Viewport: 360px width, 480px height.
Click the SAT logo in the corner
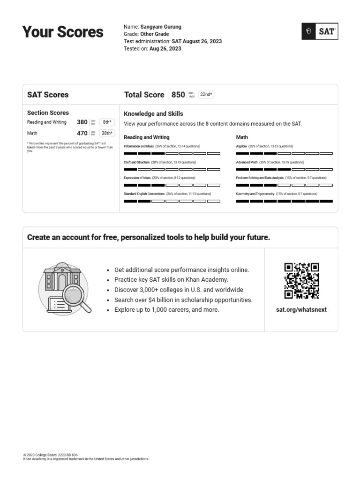coord(320,31)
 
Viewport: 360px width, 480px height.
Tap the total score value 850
coord(178,95)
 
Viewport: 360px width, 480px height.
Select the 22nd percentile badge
coord(206,95)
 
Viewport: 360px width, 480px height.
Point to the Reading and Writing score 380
coord(82,122)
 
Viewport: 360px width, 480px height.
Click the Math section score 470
coord(82,133)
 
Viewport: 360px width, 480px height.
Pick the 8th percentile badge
coord(107,122)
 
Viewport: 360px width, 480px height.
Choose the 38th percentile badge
coord(107,133)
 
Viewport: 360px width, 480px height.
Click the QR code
coord(302,281)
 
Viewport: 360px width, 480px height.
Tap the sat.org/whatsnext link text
coord(302,310)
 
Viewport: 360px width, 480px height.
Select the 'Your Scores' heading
coord(63,32)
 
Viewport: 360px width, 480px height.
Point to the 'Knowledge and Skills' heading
coord(153,114)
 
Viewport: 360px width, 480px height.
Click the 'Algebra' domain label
coord(241,146)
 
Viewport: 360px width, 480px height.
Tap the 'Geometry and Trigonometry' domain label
coord(255,194)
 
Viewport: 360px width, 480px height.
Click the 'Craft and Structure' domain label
coord(137,162)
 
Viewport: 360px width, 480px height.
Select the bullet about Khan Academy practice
coord(171,280)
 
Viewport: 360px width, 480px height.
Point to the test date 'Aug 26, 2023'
coord(165,49)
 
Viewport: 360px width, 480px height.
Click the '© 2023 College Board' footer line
coord(51,455)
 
